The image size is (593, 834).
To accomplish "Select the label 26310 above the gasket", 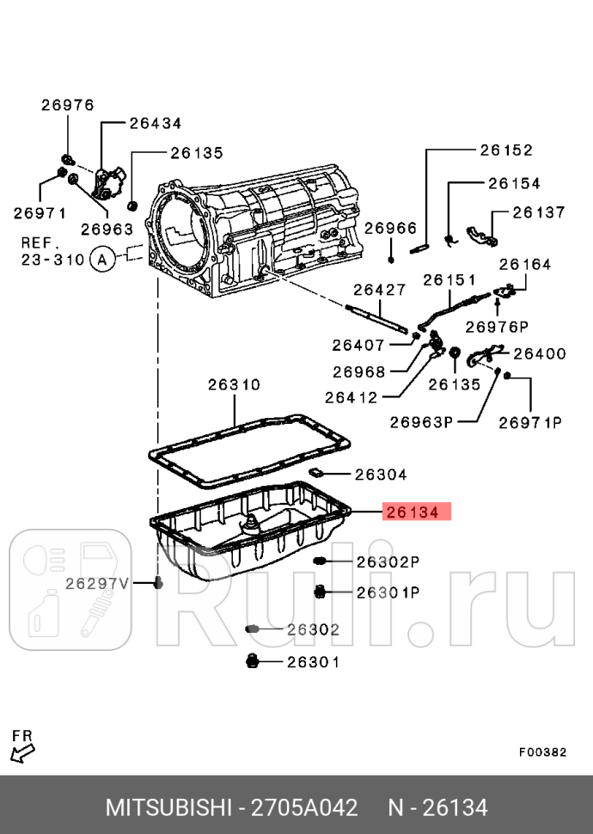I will point(234,385).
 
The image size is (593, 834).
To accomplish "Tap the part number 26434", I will point(156,123).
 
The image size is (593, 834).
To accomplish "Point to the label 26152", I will point(506,150).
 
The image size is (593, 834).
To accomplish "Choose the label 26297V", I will point(96,583).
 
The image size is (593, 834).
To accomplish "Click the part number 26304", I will point(382,474).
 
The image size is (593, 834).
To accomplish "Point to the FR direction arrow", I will point(23,747).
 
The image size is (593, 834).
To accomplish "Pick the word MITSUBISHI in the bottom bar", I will point(169,808).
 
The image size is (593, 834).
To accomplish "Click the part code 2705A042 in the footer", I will point(303,808).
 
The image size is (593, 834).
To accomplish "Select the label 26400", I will point(539,353).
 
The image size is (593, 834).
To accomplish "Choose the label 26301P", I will point(388,592).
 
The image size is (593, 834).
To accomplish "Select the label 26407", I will point(358,345).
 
